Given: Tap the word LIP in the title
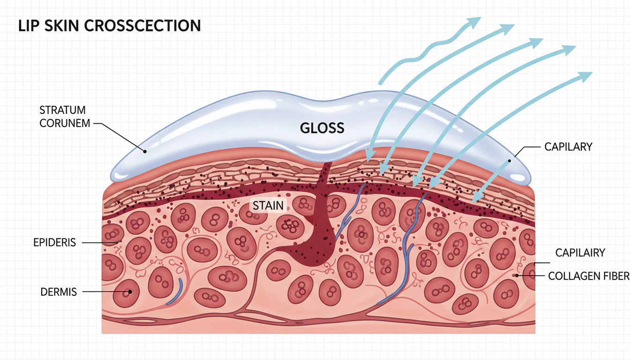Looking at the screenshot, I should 27,25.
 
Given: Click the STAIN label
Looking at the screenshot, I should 268,205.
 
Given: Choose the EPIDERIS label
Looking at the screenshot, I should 54,243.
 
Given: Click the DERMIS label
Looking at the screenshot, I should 59,292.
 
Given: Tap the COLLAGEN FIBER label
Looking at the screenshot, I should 589,276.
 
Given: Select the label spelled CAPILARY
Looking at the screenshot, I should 568,147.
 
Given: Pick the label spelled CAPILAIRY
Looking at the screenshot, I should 580,253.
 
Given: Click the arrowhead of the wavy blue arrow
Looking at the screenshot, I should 475,22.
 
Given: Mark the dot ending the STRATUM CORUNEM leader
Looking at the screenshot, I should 145,151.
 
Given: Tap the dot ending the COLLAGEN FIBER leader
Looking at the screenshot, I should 517,276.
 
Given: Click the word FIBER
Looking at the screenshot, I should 615,276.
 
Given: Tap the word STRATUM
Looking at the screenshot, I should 62,111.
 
